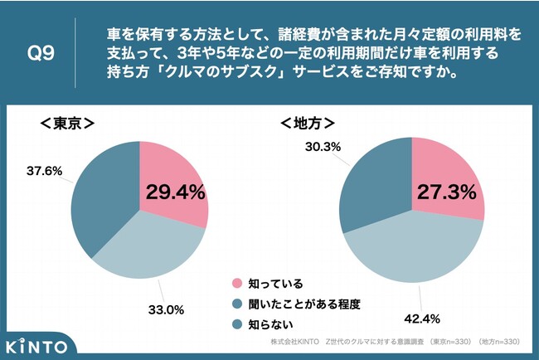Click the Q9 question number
tap(41, 53)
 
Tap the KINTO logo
tap(36, 344)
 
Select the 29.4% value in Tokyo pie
tap(175, 192)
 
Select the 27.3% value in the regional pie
tap(445, 192)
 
